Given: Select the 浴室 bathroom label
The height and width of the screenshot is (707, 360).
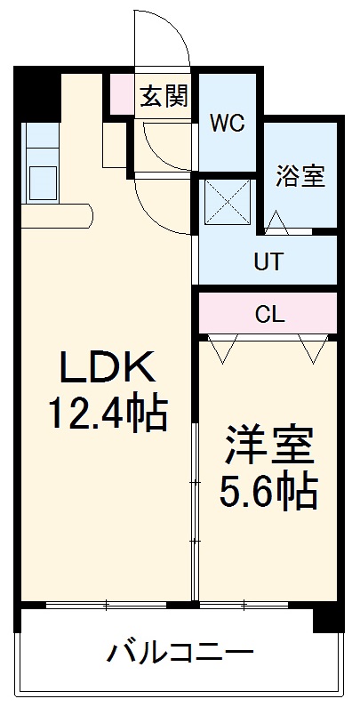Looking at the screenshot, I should [x=300, y=176].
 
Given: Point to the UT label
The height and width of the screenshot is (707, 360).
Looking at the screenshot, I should [x=268, y=262].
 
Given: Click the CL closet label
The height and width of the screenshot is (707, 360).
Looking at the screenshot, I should [x=268, y=313].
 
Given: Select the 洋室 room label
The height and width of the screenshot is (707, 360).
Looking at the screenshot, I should [x=268, y=446].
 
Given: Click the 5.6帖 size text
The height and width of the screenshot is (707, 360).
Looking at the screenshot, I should [x=268, y=490].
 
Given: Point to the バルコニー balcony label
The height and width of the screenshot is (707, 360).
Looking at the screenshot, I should [x=180, y=655].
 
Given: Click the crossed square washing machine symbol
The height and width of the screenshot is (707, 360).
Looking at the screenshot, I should [x=227, y=204].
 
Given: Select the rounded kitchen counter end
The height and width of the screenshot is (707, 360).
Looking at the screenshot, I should [x=84, y=216].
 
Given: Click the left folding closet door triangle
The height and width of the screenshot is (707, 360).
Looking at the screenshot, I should [x=222, y=348].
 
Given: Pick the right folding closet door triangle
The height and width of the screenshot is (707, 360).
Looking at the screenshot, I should [x=315, y=348].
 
